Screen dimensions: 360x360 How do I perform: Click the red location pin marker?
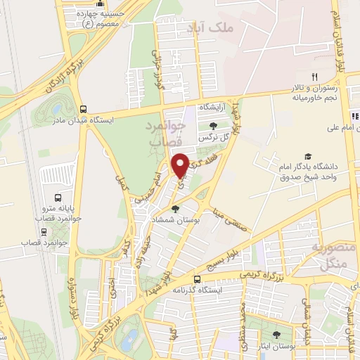[181, 165]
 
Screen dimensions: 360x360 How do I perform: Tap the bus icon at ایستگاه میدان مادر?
[84, 109]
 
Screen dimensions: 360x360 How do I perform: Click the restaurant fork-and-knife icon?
[315, 77]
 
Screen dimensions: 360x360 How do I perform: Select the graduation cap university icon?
[307, 156]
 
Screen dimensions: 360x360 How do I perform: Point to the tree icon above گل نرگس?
[213, 125]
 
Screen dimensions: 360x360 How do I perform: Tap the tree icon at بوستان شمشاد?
[175, 208]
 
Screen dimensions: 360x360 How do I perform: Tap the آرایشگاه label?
[215, 106]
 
